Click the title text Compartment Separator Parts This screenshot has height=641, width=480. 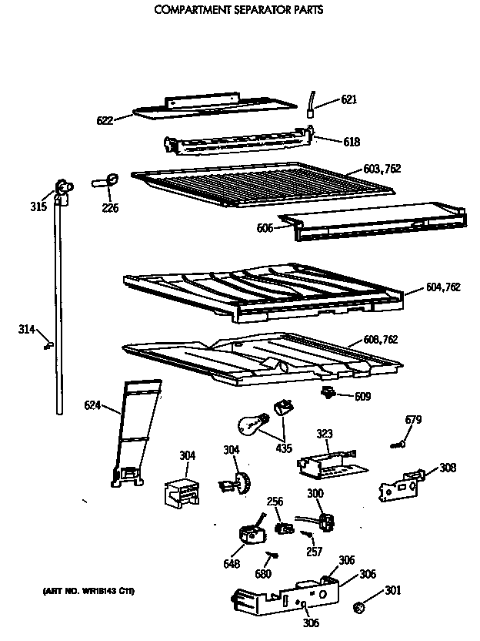click(238, 11)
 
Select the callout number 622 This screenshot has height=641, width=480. click(104, 119)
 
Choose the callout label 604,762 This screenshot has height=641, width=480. click(442, 287)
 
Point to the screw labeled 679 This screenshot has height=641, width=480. click(398, 444)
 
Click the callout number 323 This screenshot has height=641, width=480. click(325, 435)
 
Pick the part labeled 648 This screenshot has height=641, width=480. click(250, 532)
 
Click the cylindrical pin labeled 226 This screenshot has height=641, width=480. click(107, 182)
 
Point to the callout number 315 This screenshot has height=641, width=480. click(38, 206)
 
